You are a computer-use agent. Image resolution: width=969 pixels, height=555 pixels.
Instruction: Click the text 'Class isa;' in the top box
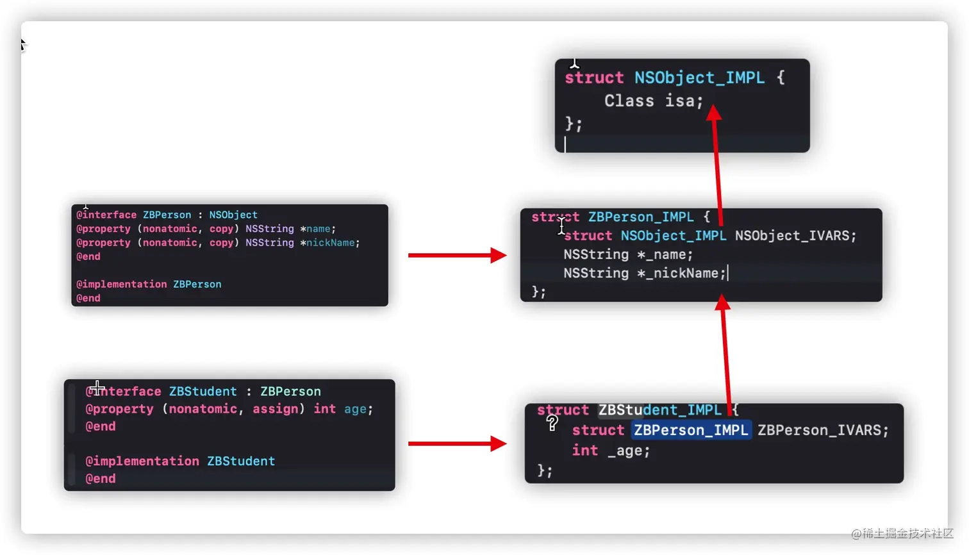(653, 101)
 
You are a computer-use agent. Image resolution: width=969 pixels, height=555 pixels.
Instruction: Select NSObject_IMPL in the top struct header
(699, 78)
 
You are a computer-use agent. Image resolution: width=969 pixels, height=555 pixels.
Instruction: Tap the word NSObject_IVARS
(795, 236)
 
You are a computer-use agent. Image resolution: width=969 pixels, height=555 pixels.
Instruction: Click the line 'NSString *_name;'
(628, 254)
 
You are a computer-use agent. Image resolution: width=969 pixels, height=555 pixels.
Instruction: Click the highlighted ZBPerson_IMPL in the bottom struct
(691, 430)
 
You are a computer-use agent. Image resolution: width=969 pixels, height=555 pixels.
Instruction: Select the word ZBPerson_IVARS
(822, 430)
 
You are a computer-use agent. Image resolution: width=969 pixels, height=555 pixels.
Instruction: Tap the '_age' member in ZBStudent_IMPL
(628, 451)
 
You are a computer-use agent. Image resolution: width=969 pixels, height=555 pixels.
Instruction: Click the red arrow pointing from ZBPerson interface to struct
(457, 255)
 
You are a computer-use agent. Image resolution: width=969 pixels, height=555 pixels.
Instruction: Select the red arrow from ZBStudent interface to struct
(457, 443)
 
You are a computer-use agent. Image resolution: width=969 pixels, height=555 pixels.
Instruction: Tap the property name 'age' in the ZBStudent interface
(355, 409)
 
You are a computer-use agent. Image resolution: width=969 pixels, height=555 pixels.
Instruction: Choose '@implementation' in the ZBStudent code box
(142, 461)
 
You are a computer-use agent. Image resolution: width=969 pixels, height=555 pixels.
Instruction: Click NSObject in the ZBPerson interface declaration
(233, 215)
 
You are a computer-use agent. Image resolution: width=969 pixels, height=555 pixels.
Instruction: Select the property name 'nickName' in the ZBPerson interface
(330, 243)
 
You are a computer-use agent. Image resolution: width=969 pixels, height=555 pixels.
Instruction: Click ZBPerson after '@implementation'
(197, 284)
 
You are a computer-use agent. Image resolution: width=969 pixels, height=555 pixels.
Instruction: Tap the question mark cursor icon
(552, 423)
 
